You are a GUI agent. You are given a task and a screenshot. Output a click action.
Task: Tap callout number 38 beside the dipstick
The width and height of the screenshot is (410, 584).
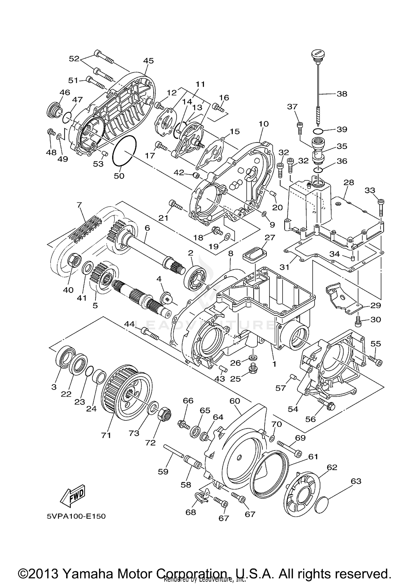pyautogui.click(x=342, y=94)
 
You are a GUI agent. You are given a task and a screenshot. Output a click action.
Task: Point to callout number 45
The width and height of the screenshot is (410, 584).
pyautogui.click(x=149, y=61)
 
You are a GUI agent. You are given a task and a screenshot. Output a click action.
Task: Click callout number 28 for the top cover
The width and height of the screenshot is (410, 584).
pyautogui.click(x=349, y=182)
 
